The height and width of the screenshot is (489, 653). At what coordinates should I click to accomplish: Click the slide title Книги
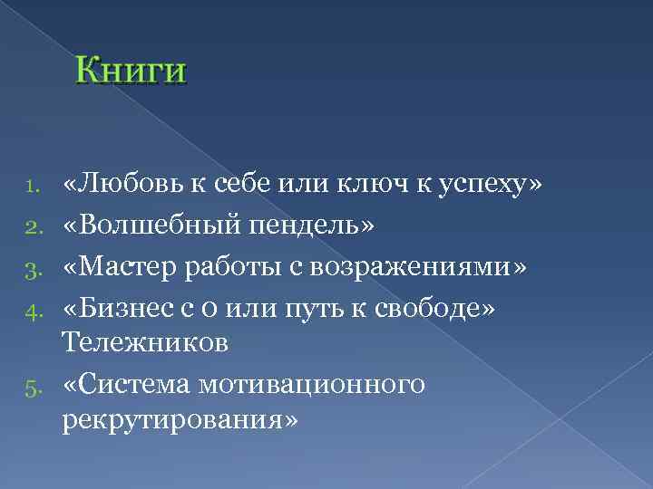point(132,71)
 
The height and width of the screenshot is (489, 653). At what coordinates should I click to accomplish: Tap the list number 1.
point(29,187)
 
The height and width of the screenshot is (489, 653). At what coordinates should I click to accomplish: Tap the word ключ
point(360,186)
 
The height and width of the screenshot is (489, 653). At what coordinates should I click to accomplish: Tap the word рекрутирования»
point(180,422)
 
